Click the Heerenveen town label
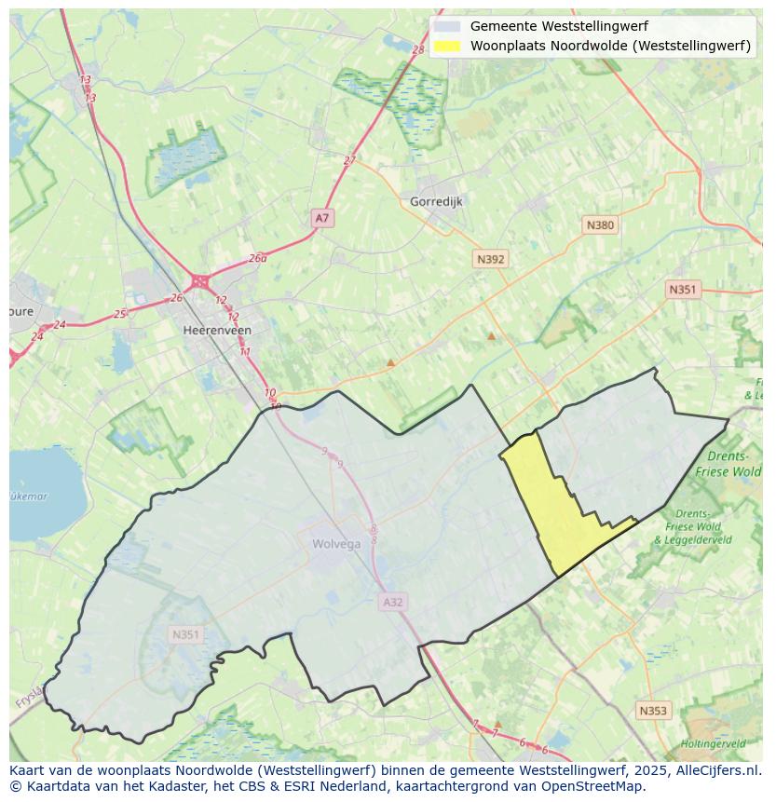[x=217, y=330]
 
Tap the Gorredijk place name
[x=436, y=201]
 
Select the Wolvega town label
[x=336, y=545]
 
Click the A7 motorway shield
[x=321, y=218]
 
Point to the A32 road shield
[x=393, y=603]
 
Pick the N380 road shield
[x=600, y=224]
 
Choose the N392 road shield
[x=490, y=259]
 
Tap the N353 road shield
[x=653, y=711]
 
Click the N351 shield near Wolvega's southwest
[x=185, y=634]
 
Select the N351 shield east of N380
[x=682, y=290]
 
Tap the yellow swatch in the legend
[x=447, y=46]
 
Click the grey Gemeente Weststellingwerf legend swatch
[x=447, y=27]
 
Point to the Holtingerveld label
[x=712, y=744]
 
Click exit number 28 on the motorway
[x=417, y=50]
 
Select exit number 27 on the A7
[x=349, y=160]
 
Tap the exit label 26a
[x=257, y=259]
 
